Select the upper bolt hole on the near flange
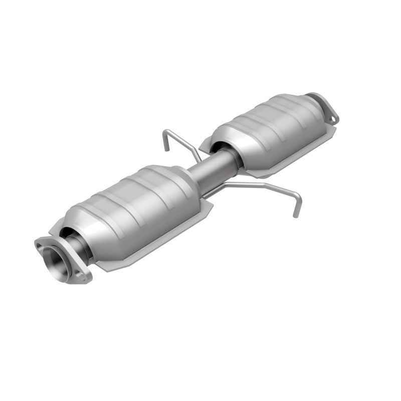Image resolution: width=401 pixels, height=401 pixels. click(41, 245)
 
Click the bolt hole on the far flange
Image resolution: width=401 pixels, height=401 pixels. click(332, 119)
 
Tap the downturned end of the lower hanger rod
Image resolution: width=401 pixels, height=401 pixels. click(296, 214)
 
